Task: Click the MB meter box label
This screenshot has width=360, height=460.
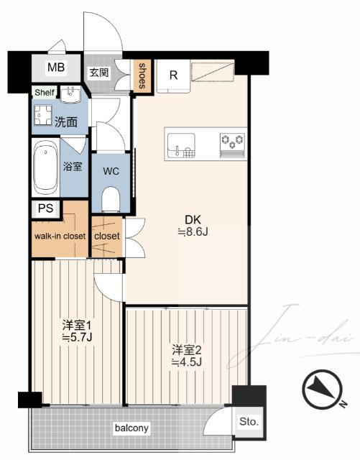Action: pyautogui.click(x=56, y=67)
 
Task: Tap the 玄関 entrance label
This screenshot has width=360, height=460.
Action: pyautogui.click(x=99, y=73)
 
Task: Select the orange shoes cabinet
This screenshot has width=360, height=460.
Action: pyautogui.click(x=142, y=76)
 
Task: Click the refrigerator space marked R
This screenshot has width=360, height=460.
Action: pyautogui.click(x=173, y=75)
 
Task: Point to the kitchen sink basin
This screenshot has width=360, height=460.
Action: pyautogui.click(x=181, y=145)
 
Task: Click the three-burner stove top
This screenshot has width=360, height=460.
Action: pyautogui.click(x=232, y=145)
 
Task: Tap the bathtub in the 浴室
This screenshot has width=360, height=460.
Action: pyautogui.click(x=45, y=167)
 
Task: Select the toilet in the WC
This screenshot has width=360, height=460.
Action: pyautogui.click(x=111, y=199)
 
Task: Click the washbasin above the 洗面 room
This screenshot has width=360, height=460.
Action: pyautogui.click(x=70, y=94)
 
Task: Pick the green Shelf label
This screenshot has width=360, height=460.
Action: pyautogui.click(x=45, y=93)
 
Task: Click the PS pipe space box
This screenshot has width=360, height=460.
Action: pyautogui.click(x=46, y=209)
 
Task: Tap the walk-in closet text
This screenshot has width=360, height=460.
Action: pyautogui.click(x=60, y=236)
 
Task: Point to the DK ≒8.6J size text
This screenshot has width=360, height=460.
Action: pyautogui.click(x=193, y=226)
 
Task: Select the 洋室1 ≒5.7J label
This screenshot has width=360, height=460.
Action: pyautogui.click(x=77, y=331)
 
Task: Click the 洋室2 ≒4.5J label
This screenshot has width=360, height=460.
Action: pyautogui.click(x=186, y=356)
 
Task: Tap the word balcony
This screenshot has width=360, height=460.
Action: pyautogui.click(x=131, y=428)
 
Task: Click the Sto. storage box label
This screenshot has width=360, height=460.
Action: pyautogui.click(x=249, y=422)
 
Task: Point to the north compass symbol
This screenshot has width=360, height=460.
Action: pyautogui.click(x=323, y=390)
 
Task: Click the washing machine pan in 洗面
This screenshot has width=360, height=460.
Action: pyautogui.click(x=42, y=114)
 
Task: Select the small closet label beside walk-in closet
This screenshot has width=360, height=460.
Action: pyautogui.click(x=107, y=236)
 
